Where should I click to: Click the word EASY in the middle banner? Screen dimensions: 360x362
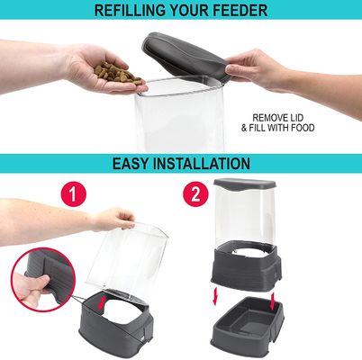point(135,165)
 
